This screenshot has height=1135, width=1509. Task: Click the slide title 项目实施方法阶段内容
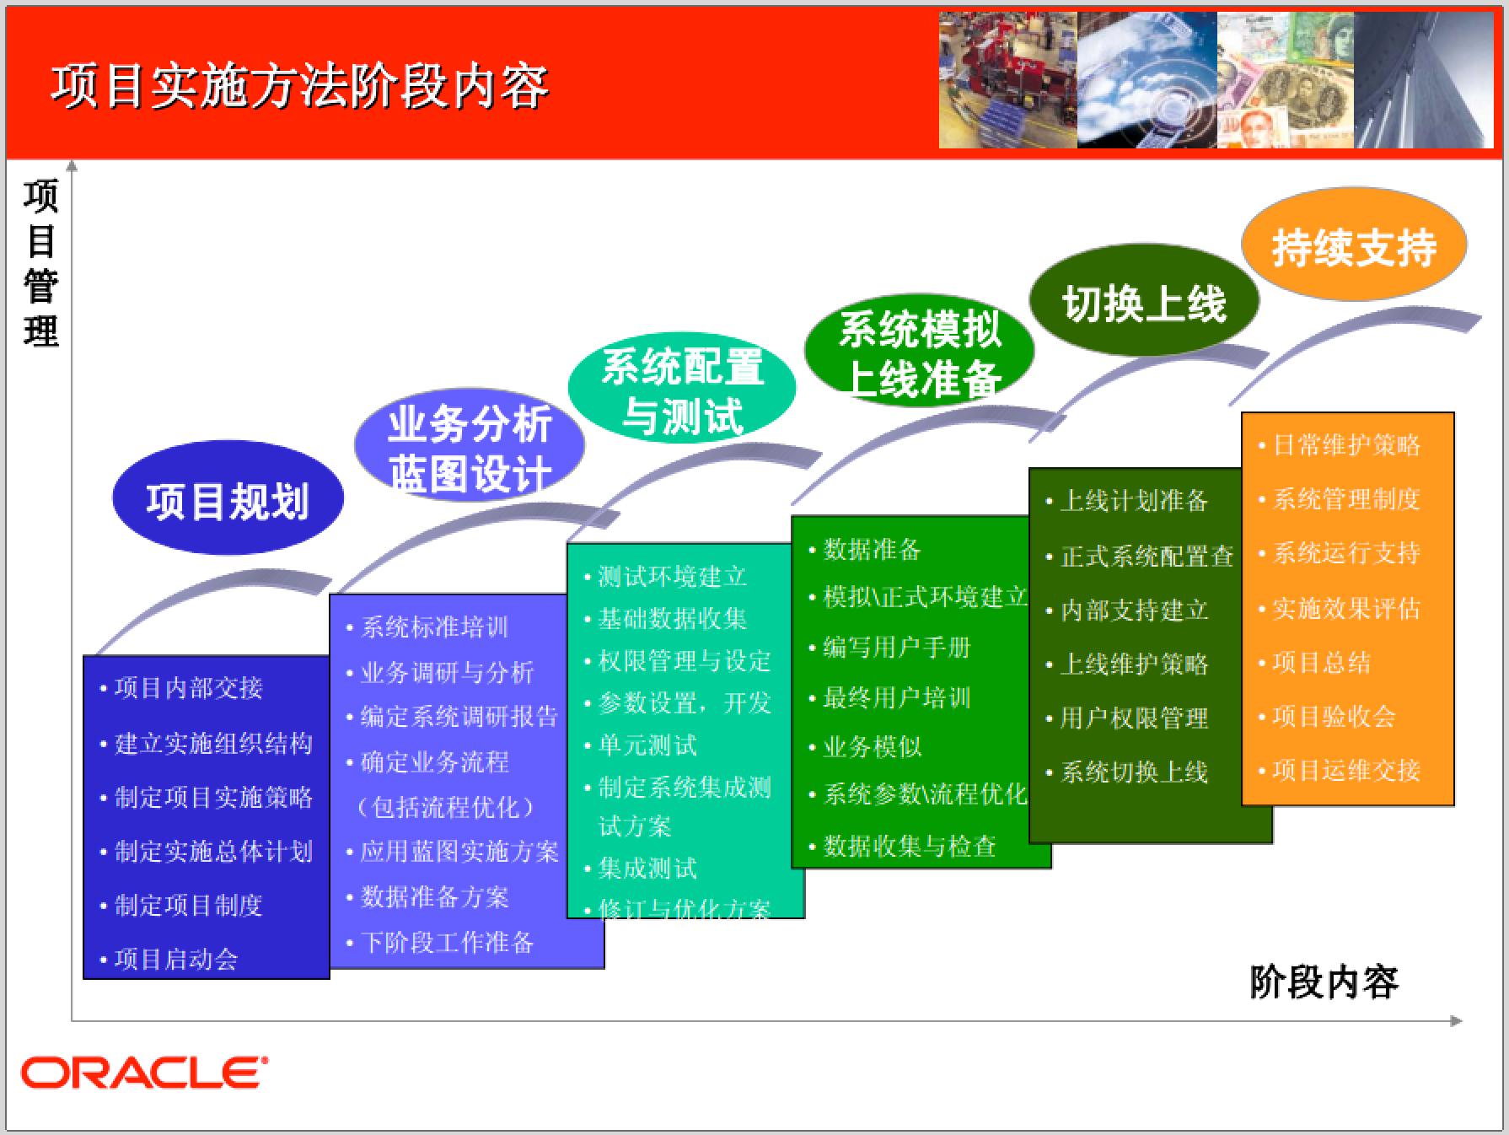pyautogui.click(x=299, y=86)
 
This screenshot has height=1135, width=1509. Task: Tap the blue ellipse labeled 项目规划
pyautogui.click(x=228, y=499)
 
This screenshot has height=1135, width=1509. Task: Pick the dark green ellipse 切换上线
pyautogui.click(x=1144, y=304)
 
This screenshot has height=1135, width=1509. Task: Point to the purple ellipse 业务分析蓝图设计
pyautogui.click(x=470, y=447)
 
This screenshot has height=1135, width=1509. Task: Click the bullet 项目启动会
pyautogui.click(x=176, y=959)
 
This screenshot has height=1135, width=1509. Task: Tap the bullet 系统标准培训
pyautogui.click(x=434, y=627)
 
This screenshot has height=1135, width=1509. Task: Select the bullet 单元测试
pyautogui.click(x=647, y=745)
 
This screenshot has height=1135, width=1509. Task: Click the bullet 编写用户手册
pyautogui.click(x=896, y=648)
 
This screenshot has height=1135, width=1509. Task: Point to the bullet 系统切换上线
pyautogui.click(x=1133, y=772)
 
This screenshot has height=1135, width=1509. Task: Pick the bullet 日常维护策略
pyautogui.click(x=1345, y=445)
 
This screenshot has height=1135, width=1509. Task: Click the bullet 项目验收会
pyautogui.click(x=1334, y=717)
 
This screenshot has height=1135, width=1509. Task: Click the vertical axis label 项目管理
pyautogui.click(x=40, y=263)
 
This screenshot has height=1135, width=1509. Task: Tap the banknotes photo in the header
pyautogui.click(x=1285, y=81)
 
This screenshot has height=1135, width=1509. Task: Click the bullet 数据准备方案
pyautogui.click(x=434, y=896)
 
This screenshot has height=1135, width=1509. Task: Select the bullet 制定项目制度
pyautogui.click(x=188, y=905)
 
